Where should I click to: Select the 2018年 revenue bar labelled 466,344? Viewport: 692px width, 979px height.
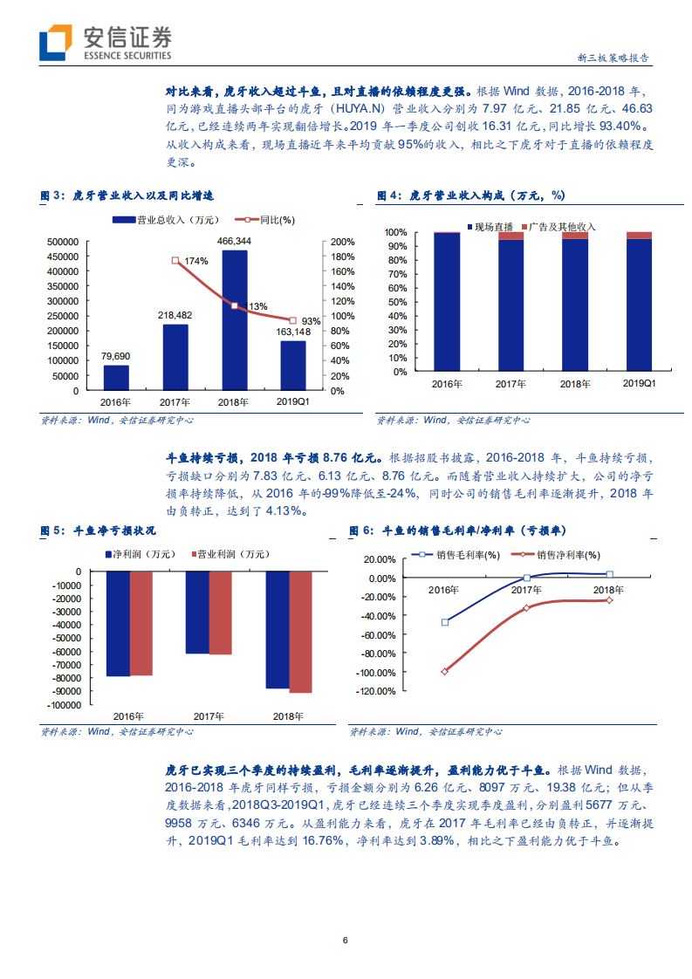pyautogui.click(x=234, y=318)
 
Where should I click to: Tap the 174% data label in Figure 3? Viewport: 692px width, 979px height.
pyautogui.click(x=195, y=261)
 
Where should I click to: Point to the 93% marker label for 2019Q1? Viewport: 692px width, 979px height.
pyautogui.click(x=311, y=321)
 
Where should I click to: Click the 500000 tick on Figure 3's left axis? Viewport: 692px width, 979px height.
pyautogui.click(x=63, y=242)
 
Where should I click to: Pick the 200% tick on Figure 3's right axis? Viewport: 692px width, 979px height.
pyautogui.click(x=342, y=242)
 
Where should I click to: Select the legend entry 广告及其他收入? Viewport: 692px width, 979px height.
pyautogui.click(x=557, y=227)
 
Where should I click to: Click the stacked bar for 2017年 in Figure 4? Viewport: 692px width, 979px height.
pyautogui.click(x=510, y=301)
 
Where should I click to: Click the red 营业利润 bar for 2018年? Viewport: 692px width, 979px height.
pyautogui.click(x=300, y=632)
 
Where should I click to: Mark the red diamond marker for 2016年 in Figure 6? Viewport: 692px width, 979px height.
pyautogui.click(x=444, y=671)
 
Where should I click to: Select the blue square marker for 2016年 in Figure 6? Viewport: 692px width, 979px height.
pyautogui.click(x=444, y=622)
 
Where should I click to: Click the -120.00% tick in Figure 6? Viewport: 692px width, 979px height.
pyautogui.click(x=376, y=691)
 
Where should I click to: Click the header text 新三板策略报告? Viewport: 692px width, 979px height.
pyautogui.click(x=613, y=58)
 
